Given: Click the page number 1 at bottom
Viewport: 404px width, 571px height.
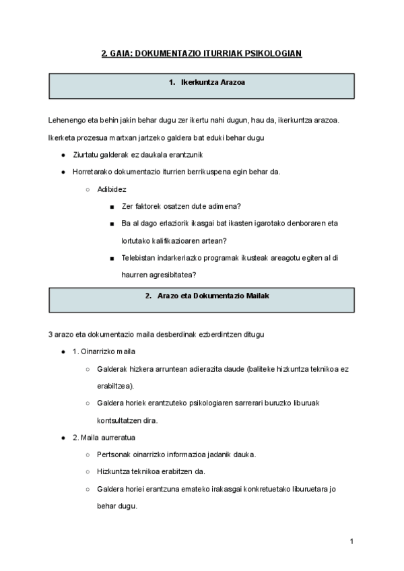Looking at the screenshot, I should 351,541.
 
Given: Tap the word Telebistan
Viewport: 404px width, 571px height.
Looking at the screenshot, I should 140,257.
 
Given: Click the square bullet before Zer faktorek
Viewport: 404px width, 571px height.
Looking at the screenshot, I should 111,207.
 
